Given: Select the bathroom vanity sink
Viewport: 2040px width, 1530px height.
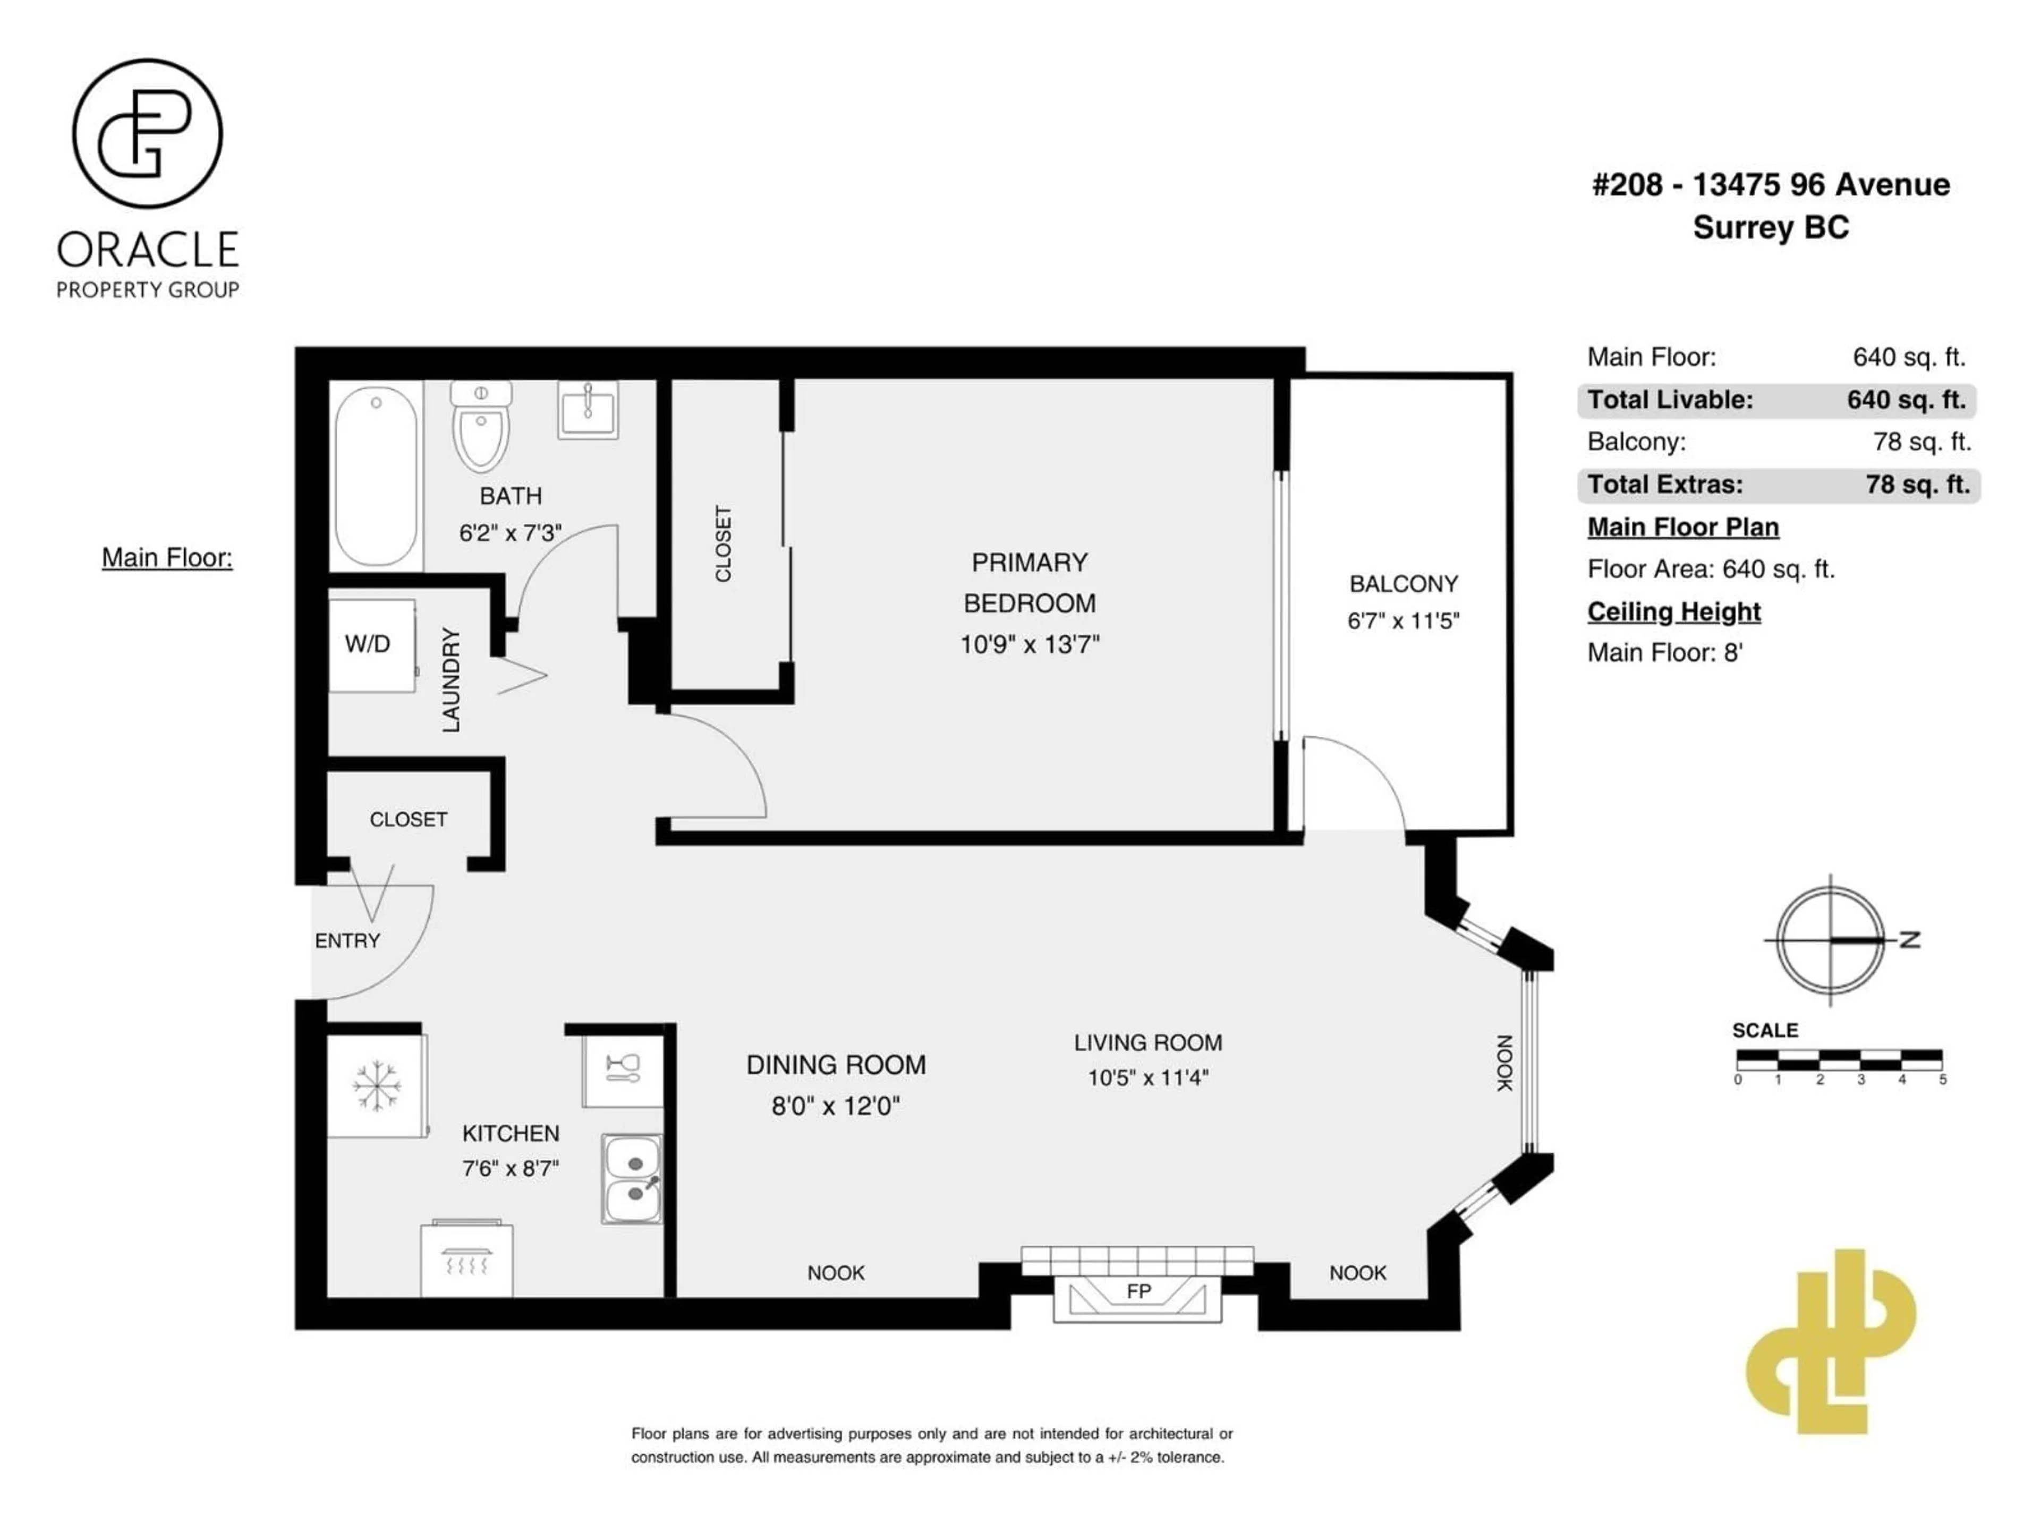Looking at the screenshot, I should [x=588, y=410].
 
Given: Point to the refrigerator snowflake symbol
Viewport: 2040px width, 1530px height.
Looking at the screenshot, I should [x=376, y=1085].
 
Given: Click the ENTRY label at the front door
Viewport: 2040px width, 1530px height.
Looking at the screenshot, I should [x=347, y=941].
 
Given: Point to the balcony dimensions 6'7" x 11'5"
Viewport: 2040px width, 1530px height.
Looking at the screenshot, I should [x=1402, y=620].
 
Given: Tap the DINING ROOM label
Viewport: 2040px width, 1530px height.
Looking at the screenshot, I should [x=836, y=1065].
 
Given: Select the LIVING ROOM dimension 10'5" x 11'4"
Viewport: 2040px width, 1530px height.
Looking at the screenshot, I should [x=1147, y=1077].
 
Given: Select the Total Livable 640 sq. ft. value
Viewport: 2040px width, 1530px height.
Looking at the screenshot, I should [x=1906, y=400].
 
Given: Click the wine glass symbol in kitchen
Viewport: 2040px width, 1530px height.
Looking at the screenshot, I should [x=623, y=1069].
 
